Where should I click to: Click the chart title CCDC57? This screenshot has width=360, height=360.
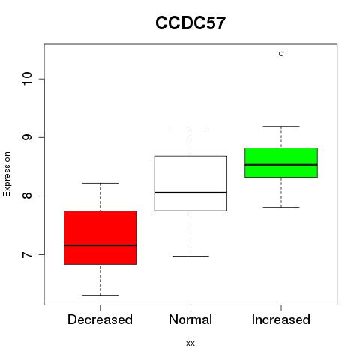coord(190,23)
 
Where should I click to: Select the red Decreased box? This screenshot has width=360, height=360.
coord(100,238)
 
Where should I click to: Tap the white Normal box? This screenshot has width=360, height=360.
coord(190,184)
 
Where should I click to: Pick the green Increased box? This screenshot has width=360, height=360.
coord(281,163)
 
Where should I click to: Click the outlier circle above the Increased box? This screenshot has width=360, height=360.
coord(281,54)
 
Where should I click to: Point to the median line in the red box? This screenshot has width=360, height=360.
coord(100,245)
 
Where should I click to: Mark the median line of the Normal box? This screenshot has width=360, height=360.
coord(190,193)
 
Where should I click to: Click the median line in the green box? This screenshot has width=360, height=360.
coord(281,165)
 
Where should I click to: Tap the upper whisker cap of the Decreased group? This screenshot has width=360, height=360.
coord(100,183)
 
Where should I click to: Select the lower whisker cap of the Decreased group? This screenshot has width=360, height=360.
coord(100,295)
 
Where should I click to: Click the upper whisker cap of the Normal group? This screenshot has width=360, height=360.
coord(190,130)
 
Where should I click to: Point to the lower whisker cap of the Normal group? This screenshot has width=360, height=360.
coord(190,256)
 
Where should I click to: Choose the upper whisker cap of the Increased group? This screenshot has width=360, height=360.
coord(281,126)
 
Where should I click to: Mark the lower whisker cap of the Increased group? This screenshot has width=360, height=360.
coord(281,207)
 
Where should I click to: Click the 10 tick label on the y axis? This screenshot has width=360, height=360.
coord(27,79)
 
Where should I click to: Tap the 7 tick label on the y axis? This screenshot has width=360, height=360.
coord(27,255)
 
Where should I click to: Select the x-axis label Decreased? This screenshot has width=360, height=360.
coord(100,319)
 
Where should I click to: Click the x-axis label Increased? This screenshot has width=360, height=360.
coord(281,319)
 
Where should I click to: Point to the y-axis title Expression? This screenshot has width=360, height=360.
coord(7,174)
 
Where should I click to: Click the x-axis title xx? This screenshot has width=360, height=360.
coord(190,343)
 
